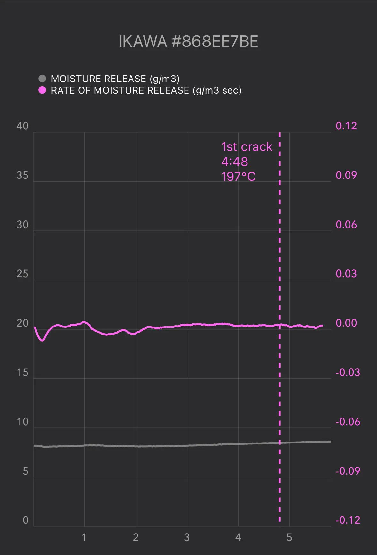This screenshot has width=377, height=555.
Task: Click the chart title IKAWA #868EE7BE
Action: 188,41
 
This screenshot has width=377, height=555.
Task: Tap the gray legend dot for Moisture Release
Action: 42,79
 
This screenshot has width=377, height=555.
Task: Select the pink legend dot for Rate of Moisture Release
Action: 42,90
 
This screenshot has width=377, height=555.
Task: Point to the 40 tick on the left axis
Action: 22,126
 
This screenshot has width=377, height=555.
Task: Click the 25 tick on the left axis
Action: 22,274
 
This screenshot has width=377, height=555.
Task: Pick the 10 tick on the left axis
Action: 22,422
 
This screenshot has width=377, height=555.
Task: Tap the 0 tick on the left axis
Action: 26,520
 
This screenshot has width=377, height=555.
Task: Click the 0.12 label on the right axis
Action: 346,126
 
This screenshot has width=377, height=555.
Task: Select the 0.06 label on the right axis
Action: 346,225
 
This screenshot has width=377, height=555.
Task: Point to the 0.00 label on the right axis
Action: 346,323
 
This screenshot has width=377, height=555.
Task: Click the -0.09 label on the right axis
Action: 348,471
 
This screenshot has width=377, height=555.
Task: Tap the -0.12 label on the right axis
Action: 348,520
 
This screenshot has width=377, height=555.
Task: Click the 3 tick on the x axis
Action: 187,537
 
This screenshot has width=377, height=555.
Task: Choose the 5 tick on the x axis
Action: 289,537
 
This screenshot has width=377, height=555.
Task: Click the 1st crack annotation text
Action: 247,147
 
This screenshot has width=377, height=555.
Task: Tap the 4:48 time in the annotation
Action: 235,162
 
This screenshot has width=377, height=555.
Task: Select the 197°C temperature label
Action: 238,177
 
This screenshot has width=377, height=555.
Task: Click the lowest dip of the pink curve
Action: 42,340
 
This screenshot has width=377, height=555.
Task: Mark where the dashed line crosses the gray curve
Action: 280,443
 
